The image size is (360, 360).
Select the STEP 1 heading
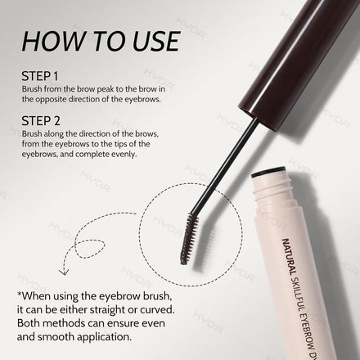[40, 76]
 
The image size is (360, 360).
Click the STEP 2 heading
[41, 121]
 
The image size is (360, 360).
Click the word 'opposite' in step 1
[51, 100]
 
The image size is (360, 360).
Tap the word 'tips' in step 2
[121, 144]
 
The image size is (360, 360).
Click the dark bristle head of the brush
[189, 239]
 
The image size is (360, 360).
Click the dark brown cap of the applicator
[297, 59]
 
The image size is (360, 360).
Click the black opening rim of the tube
[268, 172]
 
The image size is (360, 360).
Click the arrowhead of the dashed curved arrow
[64, 272]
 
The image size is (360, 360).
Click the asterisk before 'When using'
[19, 295]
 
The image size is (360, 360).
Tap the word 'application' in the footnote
[104, 337]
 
